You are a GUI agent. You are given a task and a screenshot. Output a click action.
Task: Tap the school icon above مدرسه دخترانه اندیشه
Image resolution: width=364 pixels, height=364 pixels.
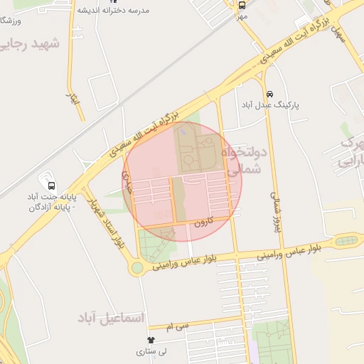point(111,1)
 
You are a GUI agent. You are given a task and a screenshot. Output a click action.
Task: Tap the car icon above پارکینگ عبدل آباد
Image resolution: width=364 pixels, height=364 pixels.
point(269,95)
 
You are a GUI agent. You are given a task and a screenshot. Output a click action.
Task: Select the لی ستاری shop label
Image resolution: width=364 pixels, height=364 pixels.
point(151,352)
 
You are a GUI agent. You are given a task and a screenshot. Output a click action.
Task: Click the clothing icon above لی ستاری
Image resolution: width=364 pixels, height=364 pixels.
point(150,340)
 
